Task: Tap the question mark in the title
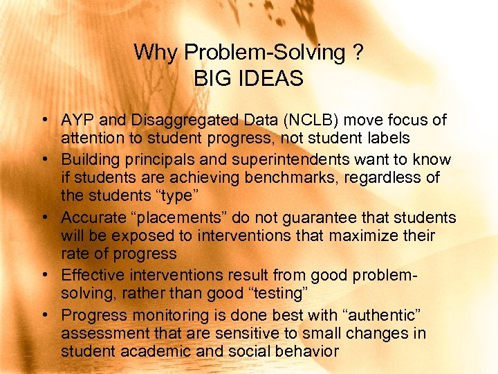tap(357, 53)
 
